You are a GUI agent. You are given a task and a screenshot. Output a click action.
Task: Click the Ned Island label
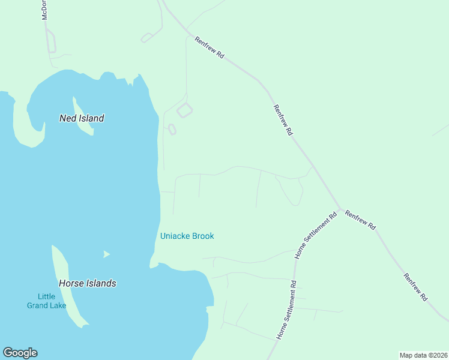pos(82,118)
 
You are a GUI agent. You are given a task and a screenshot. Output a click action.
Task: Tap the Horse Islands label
pos(87,283)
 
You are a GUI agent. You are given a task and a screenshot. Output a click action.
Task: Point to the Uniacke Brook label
pos(187,236)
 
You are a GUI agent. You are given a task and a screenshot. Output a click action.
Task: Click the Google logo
pos(20,353)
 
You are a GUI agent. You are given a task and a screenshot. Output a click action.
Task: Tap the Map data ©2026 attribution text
pos(423,355)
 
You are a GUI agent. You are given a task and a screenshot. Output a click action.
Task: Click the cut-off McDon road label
pos(44,11)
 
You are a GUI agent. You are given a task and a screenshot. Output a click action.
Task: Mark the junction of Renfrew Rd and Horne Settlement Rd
pos(340,210)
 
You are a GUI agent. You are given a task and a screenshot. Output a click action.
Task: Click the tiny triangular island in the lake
pos(106,254)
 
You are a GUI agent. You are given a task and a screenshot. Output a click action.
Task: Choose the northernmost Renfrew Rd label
pos(209,47)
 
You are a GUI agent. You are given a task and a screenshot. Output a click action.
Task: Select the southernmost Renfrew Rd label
pos(415,287)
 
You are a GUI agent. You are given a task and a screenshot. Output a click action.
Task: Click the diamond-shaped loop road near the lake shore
pos(184,110)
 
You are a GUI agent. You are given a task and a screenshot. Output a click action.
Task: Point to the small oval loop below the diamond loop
pos(172,129)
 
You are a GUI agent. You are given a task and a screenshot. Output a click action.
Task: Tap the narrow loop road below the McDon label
pos(52,43)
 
